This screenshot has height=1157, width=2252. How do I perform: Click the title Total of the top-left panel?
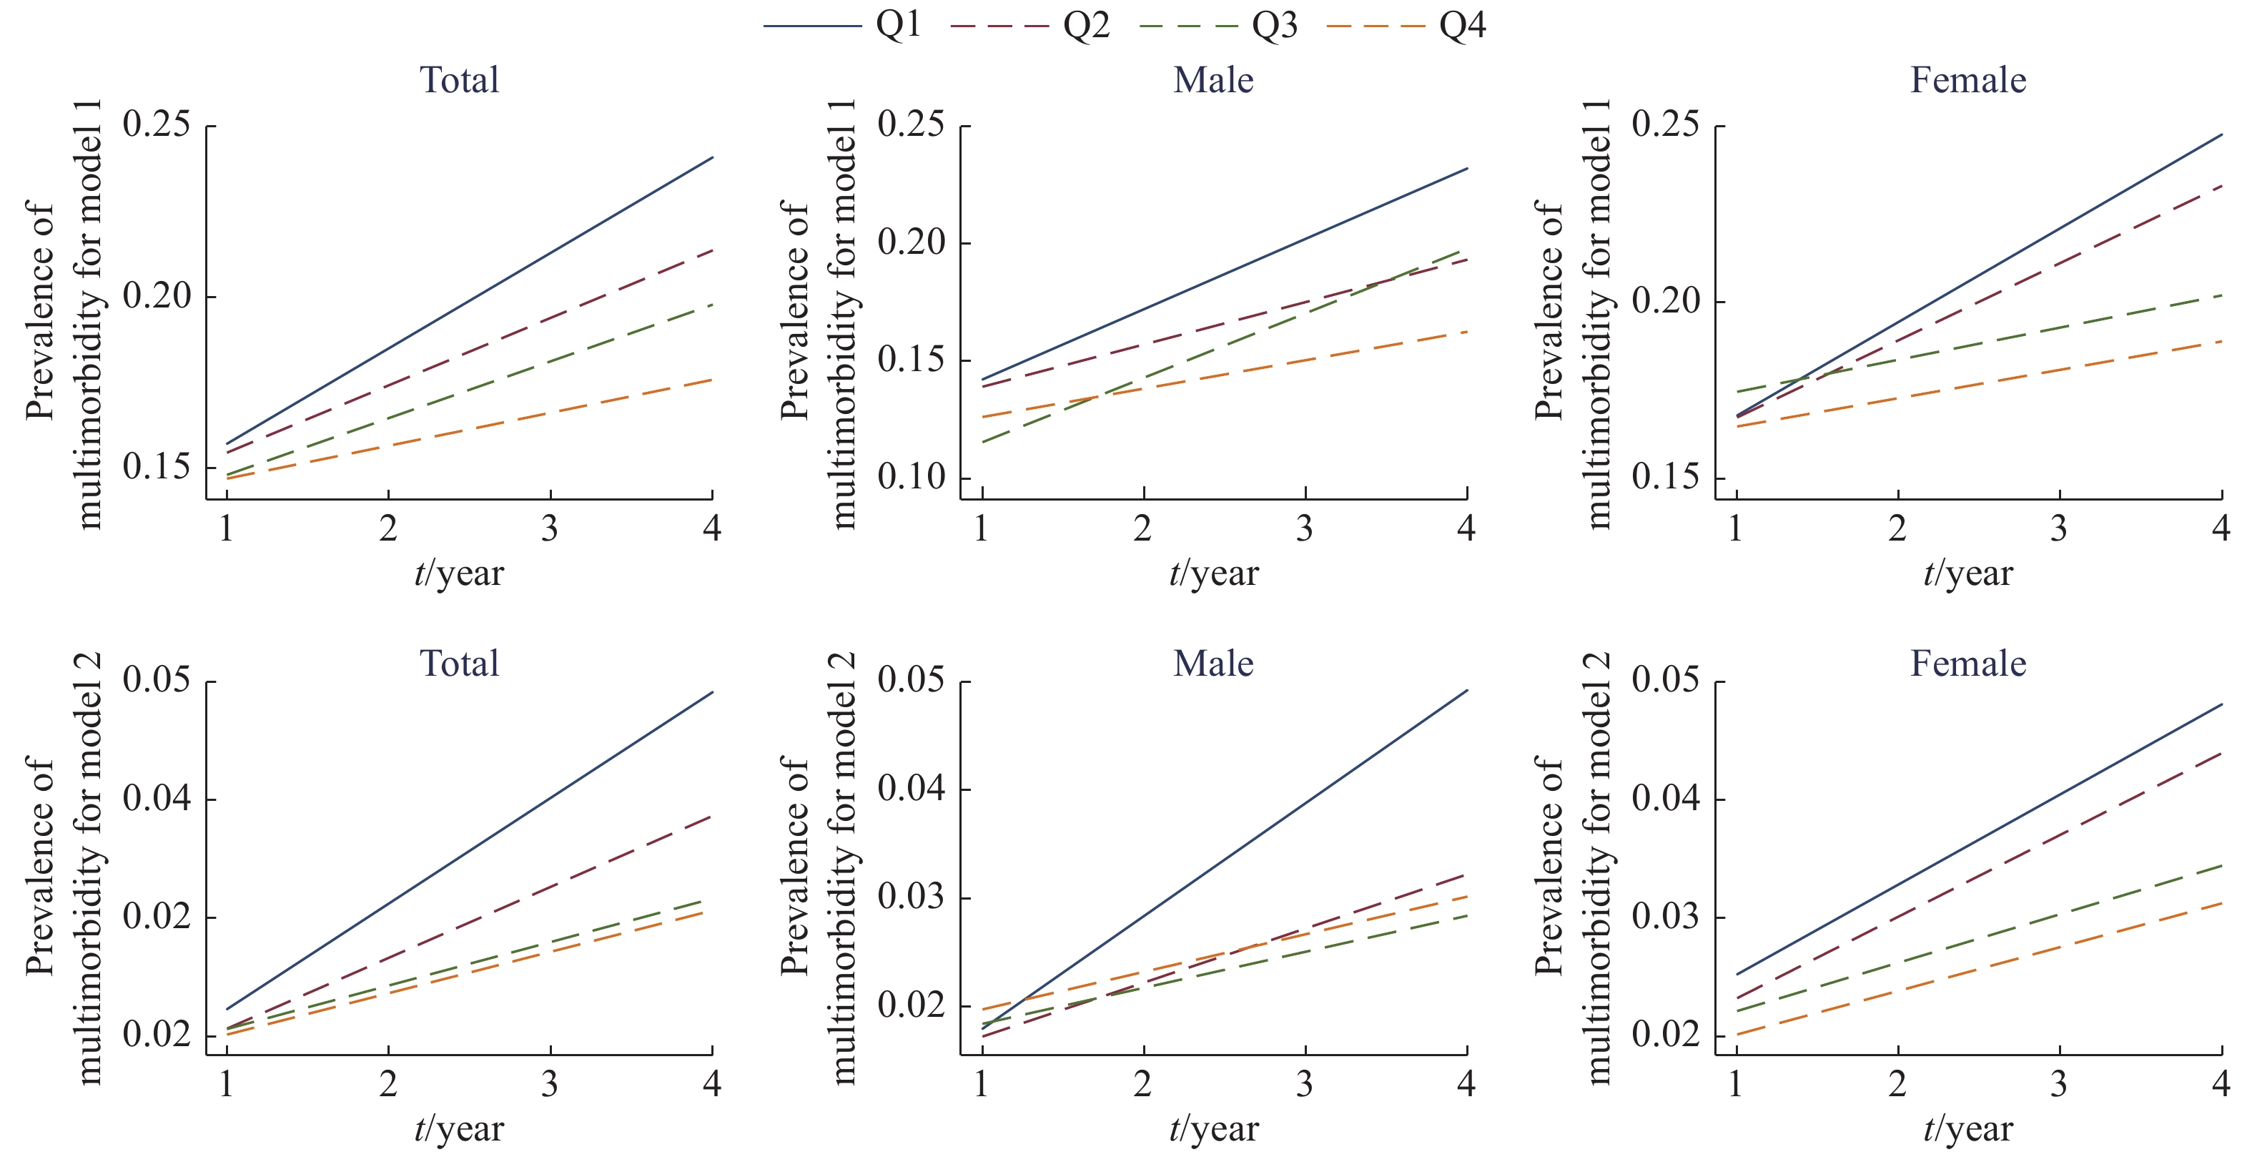[x=459, y=81]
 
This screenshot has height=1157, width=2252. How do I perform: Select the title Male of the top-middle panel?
[x=1213, y=81]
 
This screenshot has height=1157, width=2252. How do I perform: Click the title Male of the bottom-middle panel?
[x=1213, y=664]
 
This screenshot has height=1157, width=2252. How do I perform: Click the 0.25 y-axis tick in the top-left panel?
[x=157, y=125]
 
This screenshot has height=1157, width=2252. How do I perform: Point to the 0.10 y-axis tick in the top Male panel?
[x=912, y=478]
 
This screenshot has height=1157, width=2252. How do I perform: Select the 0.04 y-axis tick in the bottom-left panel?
[x=157, y=799]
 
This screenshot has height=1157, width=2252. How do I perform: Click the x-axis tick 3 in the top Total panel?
[x=550, y=529]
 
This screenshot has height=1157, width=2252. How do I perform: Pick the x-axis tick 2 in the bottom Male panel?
[x=1142, y=1084]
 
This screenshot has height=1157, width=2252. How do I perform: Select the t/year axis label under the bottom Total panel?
[x=459, y=1129]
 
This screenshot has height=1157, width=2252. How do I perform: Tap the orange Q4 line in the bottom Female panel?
[x=1979, y=969]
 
